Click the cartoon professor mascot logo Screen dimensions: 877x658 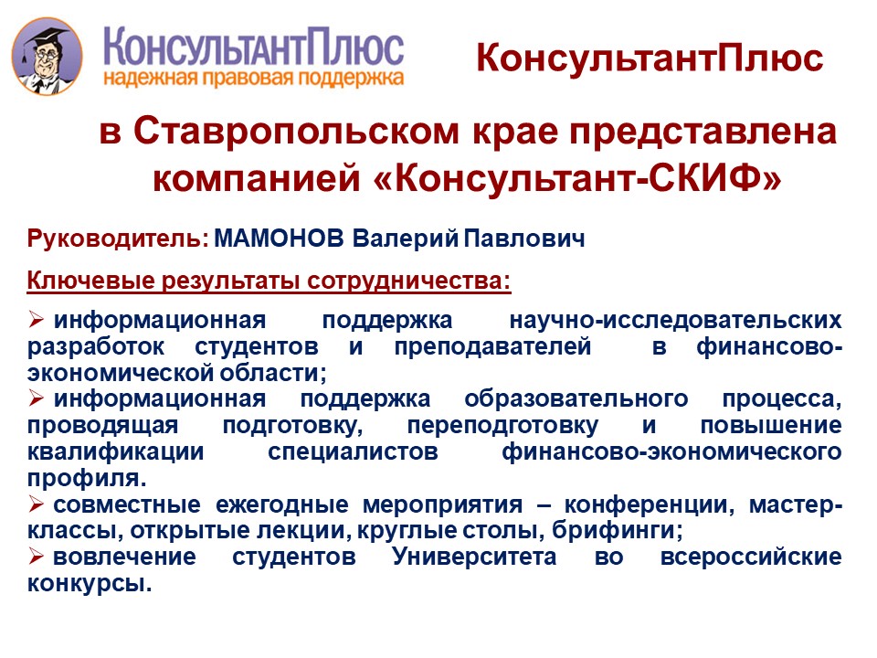pos(47,56)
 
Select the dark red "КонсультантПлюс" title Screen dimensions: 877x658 pos(650,58)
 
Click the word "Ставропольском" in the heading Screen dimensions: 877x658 pos(296,132)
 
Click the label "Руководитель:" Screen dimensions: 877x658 pos(118,239)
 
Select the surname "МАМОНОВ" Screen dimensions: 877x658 pos(280,239)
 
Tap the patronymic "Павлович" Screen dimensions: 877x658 pos(524,239)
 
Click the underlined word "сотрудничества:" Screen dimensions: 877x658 pos(409,281)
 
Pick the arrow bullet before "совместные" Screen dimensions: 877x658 pos(37,505)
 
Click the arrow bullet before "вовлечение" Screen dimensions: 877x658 pos(37,557)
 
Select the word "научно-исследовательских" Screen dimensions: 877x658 pos(675,321)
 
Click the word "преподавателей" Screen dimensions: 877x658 pos(492,347)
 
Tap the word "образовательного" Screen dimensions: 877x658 pos(576,399)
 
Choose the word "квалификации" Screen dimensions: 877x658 pos(115,452)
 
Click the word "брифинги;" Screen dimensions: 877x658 pos(617,530)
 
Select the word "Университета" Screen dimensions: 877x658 pos(474,557)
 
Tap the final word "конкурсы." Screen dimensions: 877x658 pos(90,584)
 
